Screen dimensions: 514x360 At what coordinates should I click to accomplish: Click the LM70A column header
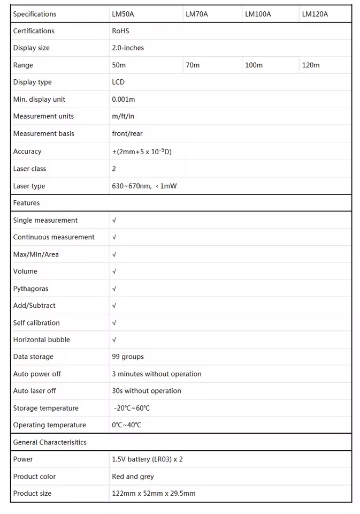coord(197,14)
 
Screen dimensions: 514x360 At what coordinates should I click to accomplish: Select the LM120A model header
coord(315,14)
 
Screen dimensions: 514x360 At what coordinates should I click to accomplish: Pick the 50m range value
coord(119,65)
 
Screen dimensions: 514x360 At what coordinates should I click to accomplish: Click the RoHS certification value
coord(120,31)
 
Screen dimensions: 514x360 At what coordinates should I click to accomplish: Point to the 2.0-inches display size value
coord(128,48)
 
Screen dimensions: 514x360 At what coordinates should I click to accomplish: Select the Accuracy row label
coord(27,152)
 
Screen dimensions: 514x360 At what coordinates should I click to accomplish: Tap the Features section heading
coord(27,203)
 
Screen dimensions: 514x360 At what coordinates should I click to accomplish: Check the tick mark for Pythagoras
coord(114,289)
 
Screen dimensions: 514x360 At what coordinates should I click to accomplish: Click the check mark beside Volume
coord(114,271)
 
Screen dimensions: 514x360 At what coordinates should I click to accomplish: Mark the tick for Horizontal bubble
coord(114,339)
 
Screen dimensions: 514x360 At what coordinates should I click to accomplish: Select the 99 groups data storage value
coord(128,357)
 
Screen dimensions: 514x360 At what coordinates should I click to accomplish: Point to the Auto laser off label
coord(35,391)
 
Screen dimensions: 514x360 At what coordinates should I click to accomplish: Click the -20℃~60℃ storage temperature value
coord(132,408)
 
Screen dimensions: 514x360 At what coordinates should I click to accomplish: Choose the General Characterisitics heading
coord(50,442)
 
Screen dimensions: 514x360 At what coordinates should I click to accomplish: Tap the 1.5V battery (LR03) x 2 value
coord(147,459)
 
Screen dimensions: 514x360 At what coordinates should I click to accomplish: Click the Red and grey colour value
coord(133,477)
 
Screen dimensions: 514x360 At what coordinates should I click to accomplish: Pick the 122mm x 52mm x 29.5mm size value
coord(154,494)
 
